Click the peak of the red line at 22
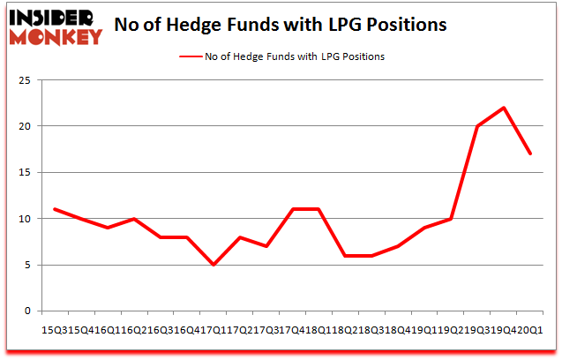pos(503,108)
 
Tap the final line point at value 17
pos(529,154)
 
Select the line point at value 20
pos(476,126)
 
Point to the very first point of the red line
pos(54,209)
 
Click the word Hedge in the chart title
pos(221,25)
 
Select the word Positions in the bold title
pos(407,25)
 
